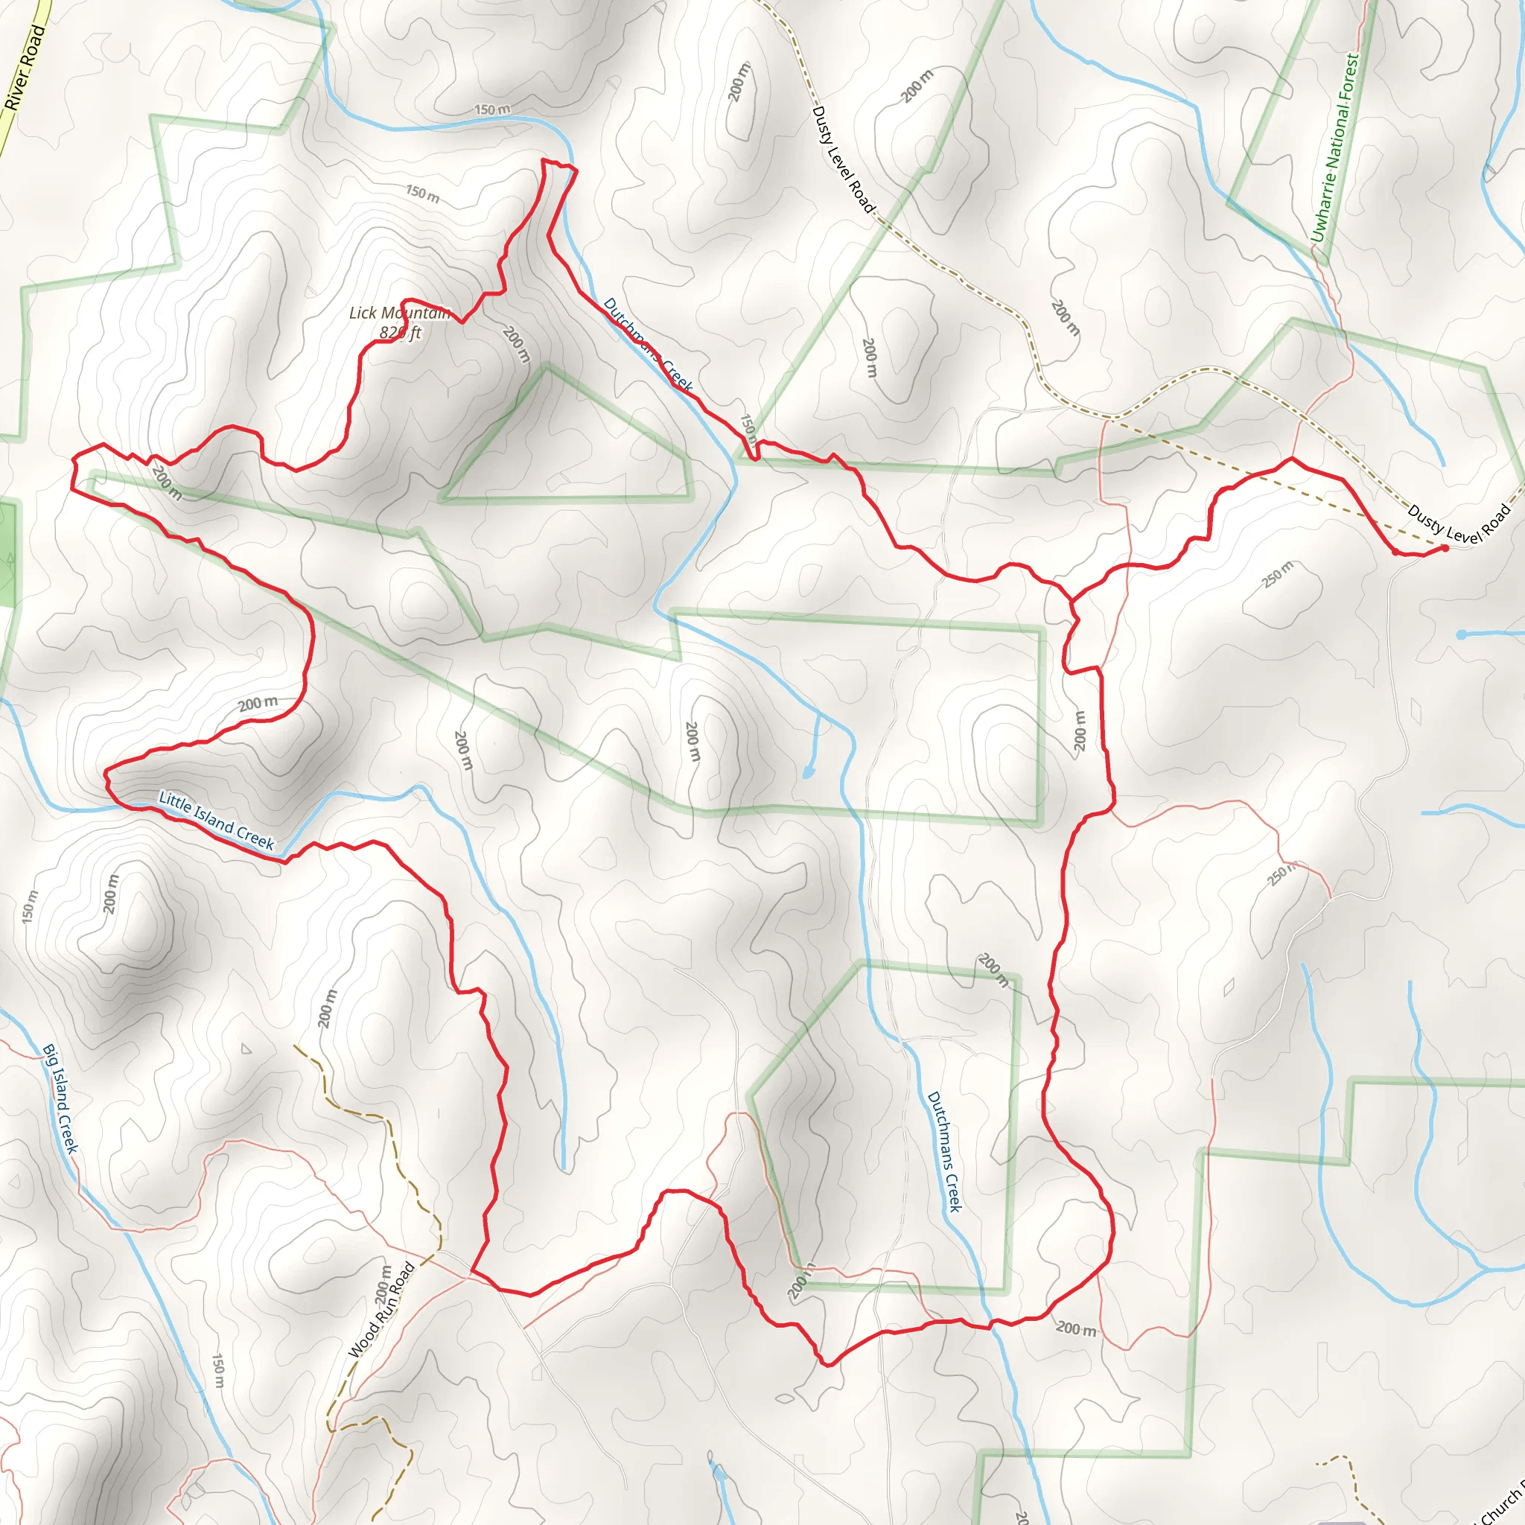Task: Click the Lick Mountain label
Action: pos(399,313)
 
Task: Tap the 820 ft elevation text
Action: pos(400,332)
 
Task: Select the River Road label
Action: pos(25,68)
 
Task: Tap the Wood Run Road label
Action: pos(381,1311)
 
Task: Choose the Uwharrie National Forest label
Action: pos(1336,147)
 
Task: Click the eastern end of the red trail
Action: pos(1445,548)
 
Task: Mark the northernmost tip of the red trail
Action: pos(544,160)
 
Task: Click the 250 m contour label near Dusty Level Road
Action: pos(1277,574)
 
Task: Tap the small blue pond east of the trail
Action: pos(1461,634)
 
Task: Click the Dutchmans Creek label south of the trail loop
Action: pos(944,1152)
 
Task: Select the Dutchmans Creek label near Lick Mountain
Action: pos(647,344)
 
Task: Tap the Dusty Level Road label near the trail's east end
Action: pos(1458,523)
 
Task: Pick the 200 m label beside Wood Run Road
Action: pos(383,1284)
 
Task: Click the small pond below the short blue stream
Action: pos(808,771)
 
